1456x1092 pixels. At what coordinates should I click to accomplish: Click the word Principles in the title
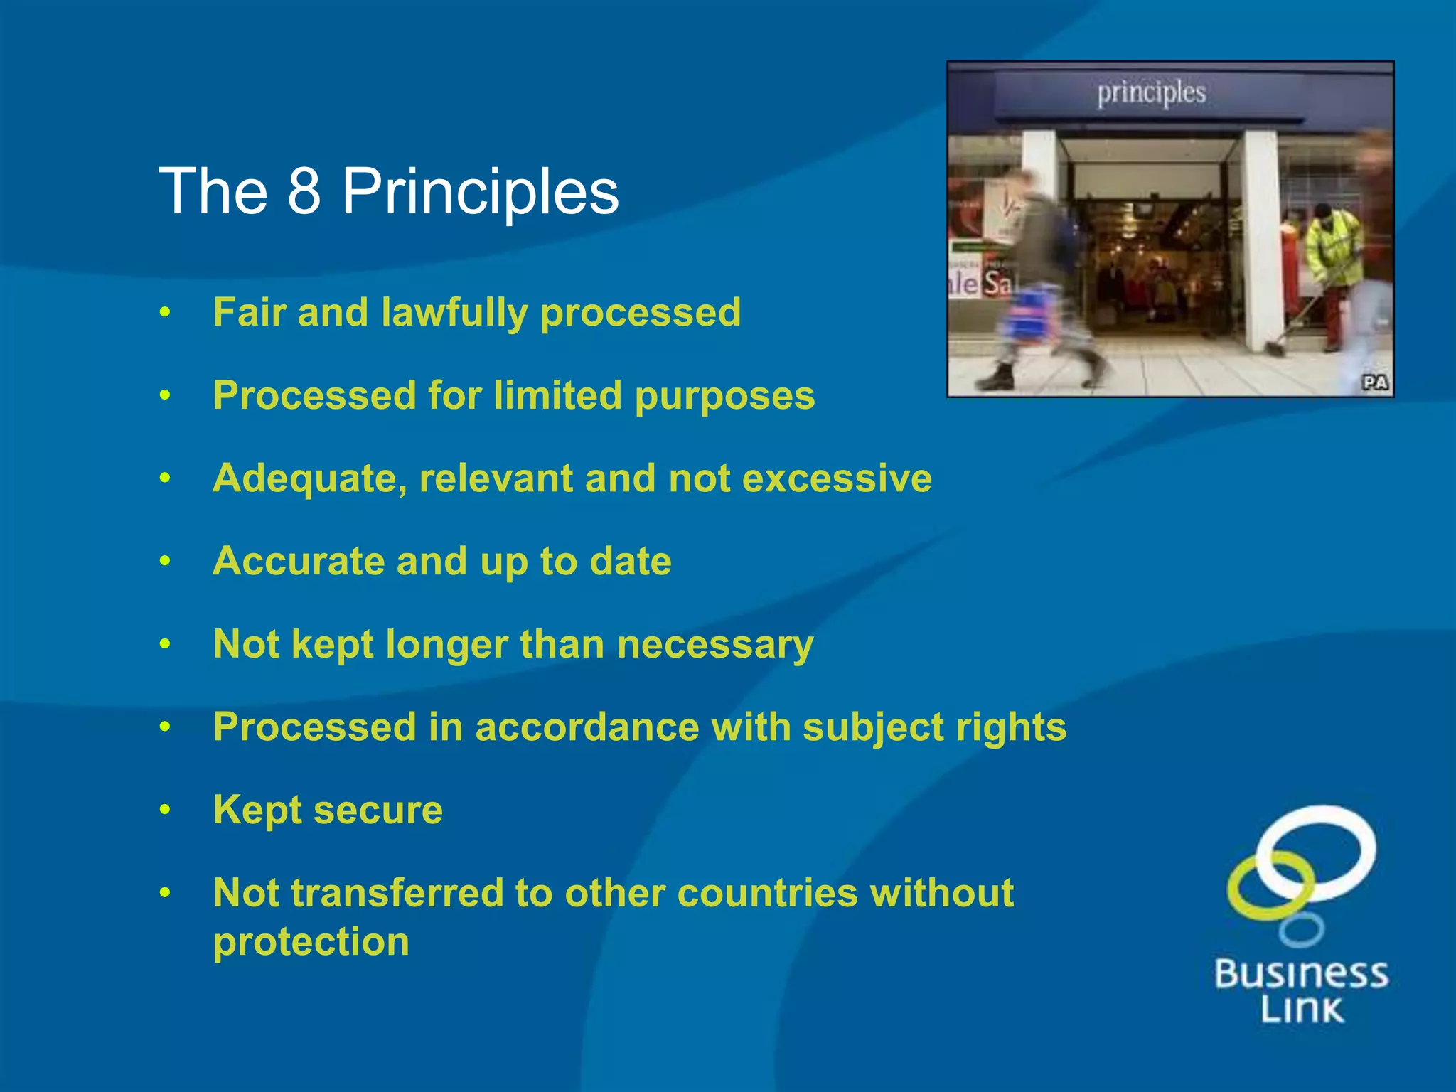[480, 192]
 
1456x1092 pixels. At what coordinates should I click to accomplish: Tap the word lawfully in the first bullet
[454, 314]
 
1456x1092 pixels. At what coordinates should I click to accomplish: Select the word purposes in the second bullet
[724, 397]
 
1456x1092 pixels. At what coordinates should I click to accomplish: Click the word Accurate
[299, 562]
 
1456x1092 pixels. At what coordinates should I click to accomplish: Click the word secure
[378, 810]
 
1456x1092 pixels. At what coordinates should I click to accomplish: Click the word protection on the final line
[311, 943]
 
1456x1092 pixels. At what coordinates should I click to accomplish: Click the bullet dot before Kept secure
[165, 810]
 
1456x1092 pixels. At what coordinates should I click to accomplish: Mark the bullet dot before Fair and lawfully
[165, 312]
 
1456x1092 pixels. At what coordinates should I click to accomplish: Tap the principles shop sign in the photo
[1151, 93]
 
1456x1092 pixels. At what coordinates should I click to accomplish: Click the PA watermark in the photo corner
[1375, 382]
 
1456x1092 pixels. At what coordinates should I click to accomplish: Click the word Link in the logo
[1302, 1010]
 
